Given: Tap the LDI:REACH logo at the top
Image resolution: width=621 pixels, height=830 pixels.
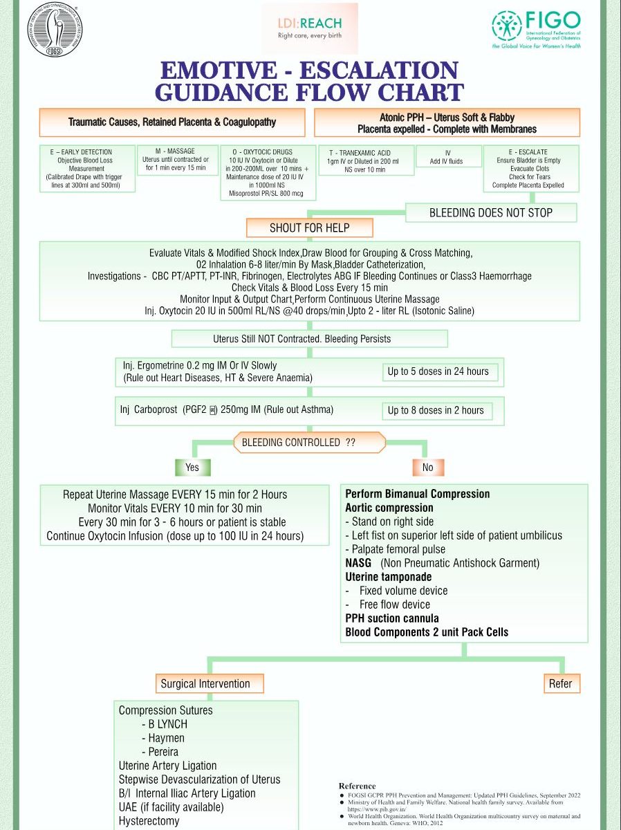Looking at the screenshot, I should (x=310, y=28).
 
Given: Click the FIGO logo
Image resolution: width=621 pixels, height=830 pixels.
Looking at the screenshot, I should (x=536, y=28).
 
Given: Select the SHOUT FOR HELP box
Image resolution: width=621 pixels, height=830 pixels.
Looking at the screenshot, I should (x=309, y=228).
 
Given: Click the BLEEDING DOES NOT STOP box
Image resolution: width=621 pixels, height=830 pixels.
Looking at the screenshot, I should (x=490, y=212).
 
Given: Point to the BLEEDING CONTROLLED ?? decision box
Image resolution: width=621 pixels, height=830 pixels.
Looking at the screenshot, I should (x=309, y=442).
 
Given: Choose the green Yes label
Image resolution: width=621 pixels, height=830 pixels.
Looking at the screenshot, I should (x=192, y=468).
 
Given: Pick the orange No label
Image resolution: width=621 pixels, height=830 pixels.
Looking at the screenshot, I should (x=427, y=468).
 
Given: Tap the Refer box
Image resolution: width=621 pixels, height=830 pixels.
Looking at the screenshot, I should (x=560, y=683).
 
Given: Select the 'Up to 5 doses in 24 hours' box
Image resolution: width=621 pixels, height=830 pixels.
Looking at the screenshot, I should (x=438, y=371).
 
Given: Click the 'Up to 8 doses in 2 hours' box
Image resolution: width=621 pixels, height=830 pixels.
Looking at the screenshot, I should (x=436, y=410).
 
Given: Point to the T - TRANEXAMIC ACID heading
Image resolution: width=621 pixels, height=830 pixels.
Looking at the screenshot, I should (x=366, y=152).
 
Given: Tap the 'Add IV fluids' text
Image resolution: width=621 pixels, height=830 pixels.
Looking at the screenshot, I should (x=447, y=162).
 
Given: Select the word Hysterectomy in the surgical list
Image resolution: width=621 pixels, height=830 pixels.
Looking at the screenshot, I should (x=149, y=821).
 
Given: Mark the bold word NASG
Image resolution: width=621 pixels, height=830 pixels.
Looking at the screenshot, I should (x=359, y=563).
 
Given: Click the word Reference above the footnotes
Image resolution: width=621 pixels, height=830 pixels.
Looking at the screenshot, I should (x=358, y=786).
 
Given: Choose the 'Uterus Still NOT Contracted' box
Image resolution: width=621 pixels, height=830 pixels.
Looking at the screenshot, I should (x=309, y=339).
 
